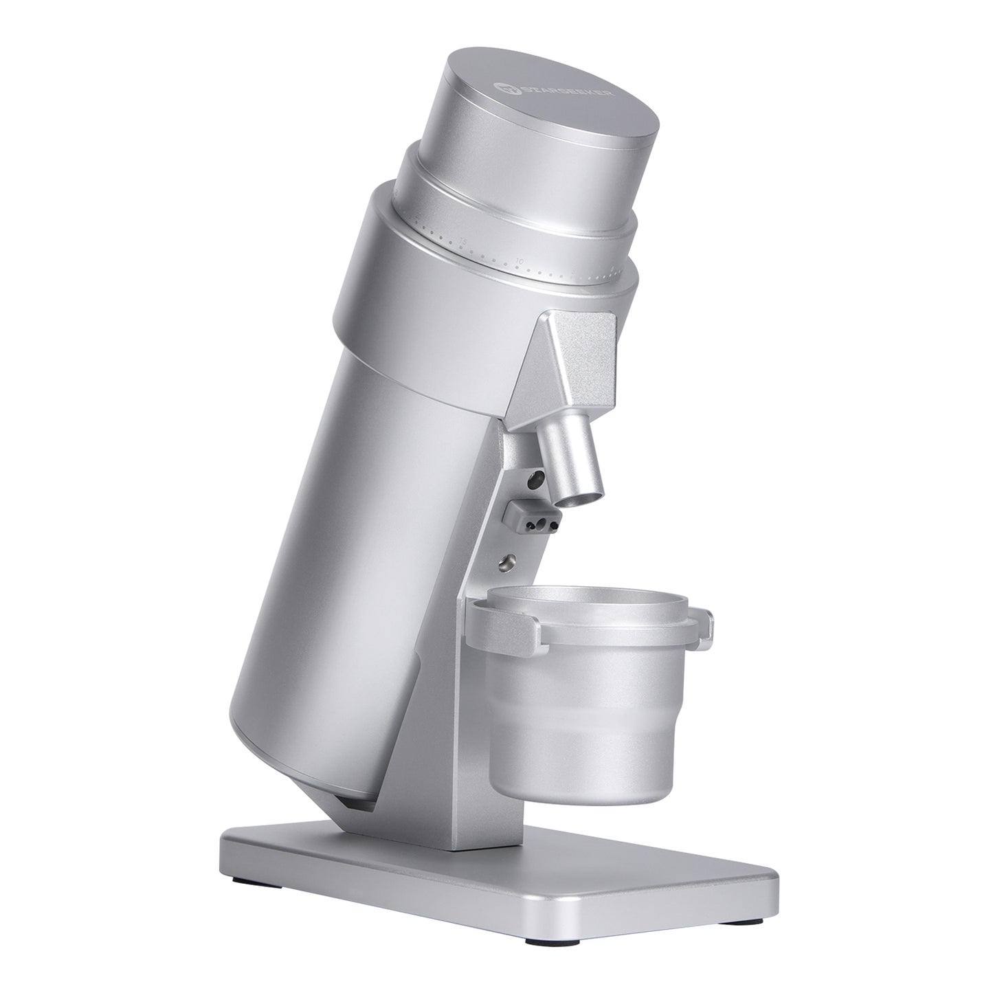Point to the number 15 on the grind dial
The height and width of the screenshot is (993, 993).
pos(464,241)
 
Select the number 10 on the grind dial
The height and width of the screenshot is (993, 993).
pos(520,261)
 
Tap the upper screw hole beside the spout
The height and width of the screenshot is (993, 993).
pos(536,476)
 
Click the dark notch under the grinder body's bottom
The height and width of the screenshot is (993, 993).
pos(357,801)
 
